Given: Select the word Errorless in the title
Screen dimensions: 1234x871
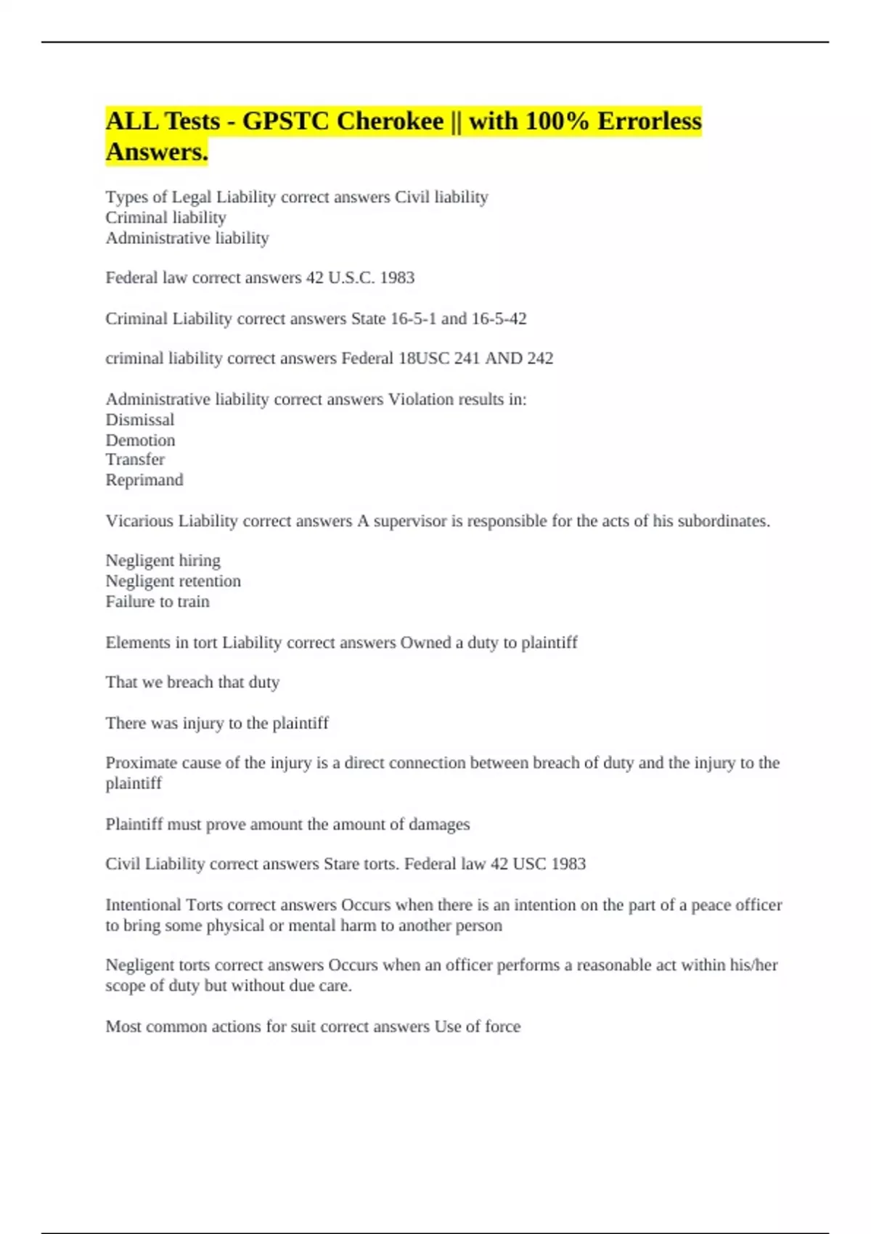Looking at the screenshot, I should coord(649,121).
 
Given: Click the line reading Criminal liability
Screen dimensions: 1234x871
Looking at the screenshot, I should coord(165,218).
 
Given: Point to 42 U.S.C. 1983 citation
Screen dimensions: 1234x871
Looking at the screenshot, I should coord(360,278).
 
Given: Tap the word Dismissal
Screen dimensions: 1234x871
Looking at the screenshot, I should coord(140,420).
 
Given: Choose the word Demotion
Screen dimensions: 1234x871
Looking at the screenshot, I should coord(140,441).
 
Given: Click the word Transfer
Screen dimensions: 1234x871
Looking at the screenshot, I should coord(135,459).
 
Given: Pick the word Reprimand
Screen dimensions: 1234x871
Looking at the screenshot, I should coord(144,481).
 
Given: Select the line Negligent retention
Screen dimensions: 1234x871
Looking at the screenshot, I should coord(173,581).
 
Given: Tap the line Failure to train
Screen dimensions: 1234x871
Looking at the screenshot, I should coord(158,602).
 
